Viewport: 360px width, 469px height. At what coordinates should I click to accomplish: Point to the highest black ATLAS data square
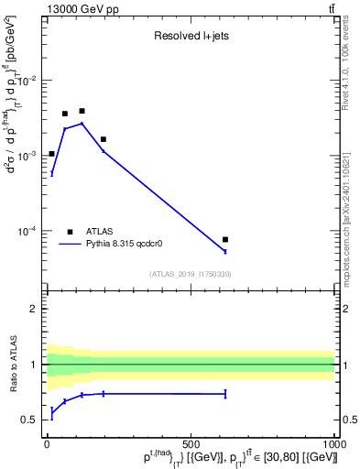tap(82, 111)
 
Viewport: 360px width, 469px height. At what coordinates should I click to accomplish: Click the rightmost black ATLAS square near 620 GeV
tap(225, 239)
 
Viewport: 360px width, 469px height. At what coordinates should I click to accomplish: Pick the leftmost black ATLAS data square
tap(52, 154)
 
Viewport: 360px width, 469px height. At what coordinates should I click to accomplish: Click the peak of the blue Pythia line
tap(82, 123)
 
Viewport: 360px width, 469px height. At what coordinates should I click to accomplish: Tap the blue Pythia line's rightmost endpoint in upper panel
tap(225, 251)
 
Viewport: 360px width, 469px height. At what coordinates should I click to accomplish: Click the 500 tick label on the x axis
tap(191, 443)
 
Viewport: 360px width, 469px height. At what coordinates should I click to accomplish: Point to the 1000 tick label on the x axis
tap(333, 443)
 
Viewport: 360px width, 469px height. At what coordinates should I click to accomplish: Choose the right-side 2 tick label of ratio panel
tap(344, 309)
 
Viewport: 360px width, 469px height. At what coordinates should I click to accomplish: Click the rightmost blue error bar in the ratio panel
tap(225, 394)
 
